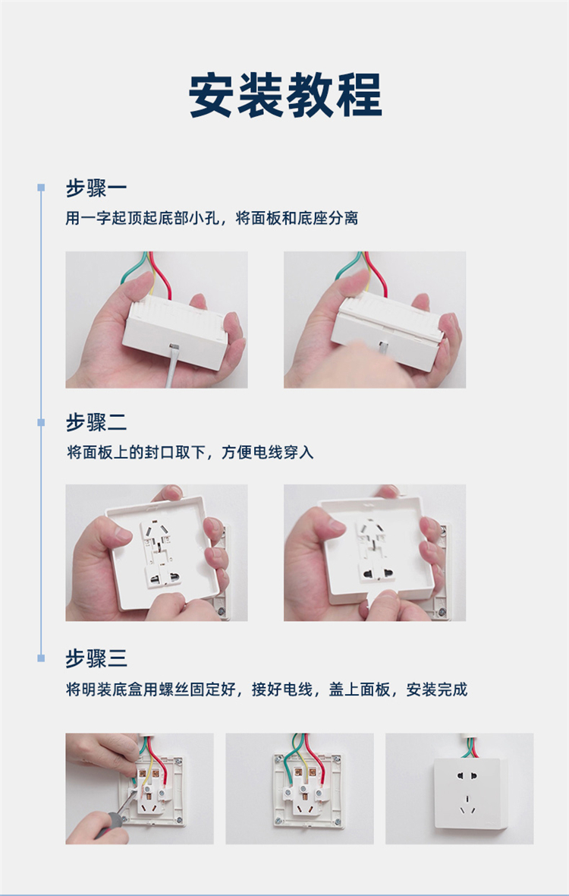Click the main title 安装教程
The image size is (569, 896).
pos(284,95)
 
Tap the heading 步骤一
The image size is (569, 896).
pos(96,188)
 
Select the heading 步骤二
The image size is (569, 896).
pos(96,423)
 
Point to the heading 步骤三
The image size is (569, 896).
pos(96,658)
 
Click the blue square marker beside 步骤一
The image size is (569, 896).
pos(41,188)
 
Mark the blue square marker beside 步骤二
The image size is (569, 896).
pos(41,422)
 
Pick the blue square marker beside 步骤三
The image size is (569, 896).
pos(41,658)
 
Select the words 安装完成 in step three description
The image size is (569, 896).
pos(436,689)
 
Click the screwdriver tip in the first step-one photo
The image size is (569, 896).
pos(172,348)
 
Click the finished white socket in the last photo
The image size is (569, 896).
pos(470,793)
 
